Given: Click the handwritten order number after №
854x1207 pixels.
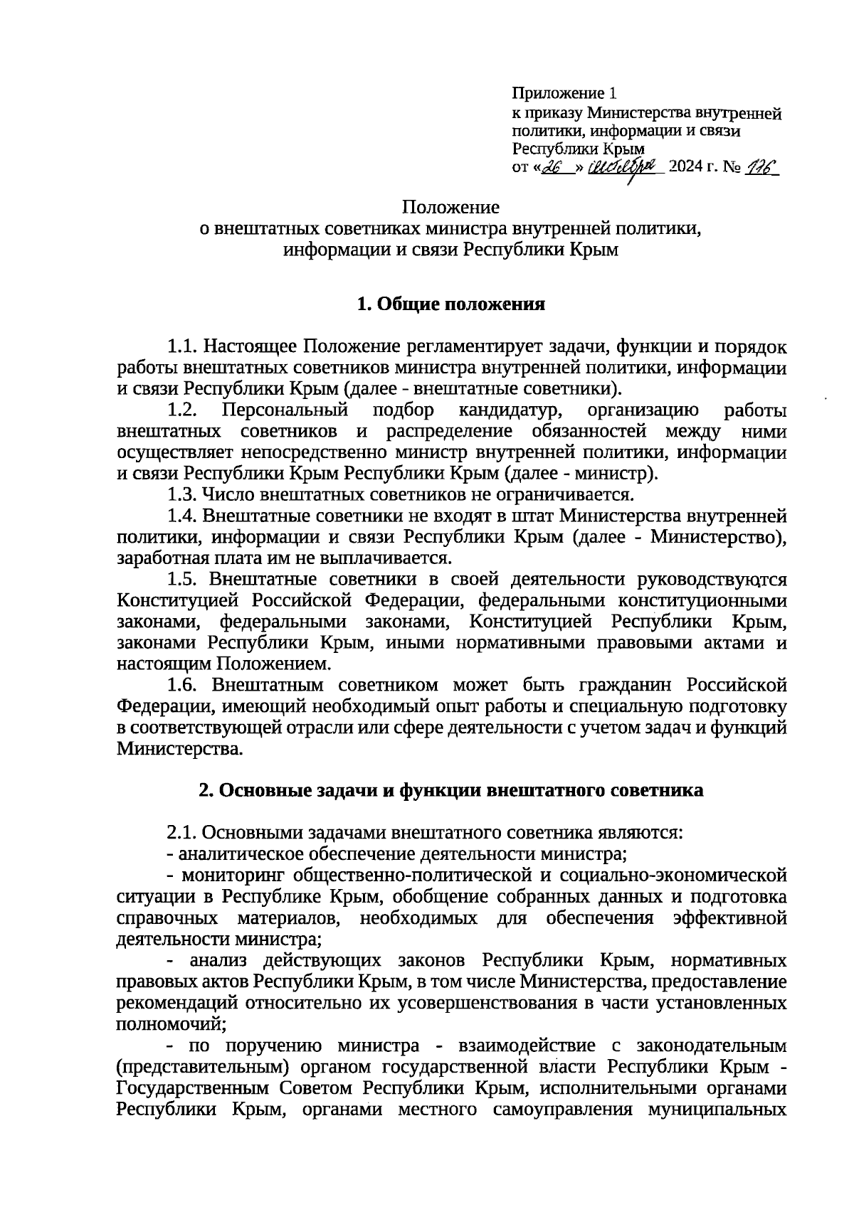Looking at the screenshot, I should tap(761, 167).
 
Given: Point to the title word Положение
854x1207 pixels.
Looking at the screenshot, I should tap(450, 207).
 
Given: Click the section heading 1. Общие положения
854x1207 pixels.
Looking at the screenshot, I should tap(450, 304).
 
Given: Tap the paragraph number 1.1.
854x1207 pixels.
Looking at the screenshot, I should tap(181, 346).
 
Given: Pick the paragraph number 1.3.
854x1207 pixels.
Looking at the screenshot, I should tap(181, 494).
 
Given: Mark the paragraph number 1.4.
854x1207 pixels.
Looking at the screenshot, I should tap(181, 515).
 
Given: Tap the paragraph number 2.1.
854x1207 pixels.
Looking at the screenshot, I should tap(181, 832).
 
